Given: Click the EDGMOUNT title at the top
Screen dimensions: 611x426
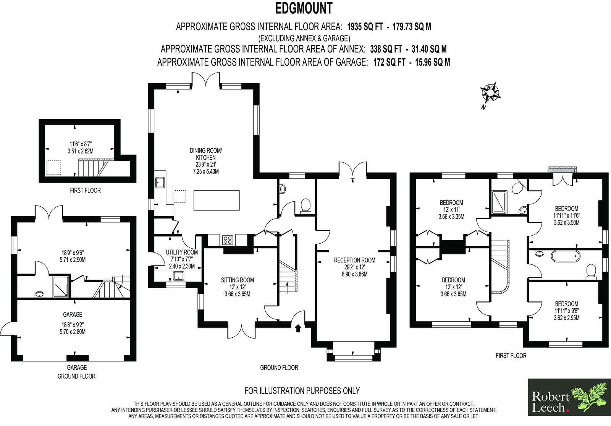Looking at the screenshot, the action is click(x=304, y=8).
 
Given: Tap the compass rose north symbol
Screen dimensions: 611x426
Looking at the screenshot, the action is click(x=490, y=93).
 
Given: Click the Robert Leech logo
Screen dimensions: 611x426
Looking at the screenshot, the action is click(x=569, y=397).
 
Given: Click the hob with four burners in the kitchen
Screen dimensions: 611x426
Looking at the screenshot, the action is click(x=228, y=240).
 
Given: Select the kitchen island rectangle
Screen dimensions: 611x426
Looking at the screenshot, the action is click(x=217, y=200).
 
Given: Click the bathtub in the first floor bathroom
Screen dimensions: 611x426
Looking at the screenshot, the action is click(x=566, y=256).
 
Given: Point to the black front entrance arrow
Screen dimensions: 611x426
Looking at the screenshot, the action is click(x=298, y=328).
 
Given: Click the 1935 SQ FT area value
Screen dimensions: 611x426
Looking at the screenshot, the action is click(x=365, y=27).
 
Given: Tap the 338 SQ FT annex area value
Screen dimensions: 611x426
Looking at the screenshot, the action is click(x=386, y=49).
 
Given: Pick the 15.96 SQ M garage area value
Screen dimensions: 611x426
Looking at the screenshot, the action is click(x=433, y=62).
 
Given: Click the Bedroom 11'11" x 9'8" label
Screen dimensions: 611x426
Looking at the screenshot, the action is click(x=567, y=311).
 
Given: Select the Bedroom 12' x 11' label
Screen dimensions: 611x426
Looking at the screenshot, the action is click(x=451, y=210).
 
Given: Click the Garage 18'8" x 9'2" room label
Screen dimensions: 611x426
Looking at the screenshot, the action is click(x=73, y=323).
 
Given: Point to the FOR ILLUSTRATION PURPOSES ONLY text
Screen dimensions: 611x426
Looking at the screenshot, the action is click(x=302, y=391).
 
